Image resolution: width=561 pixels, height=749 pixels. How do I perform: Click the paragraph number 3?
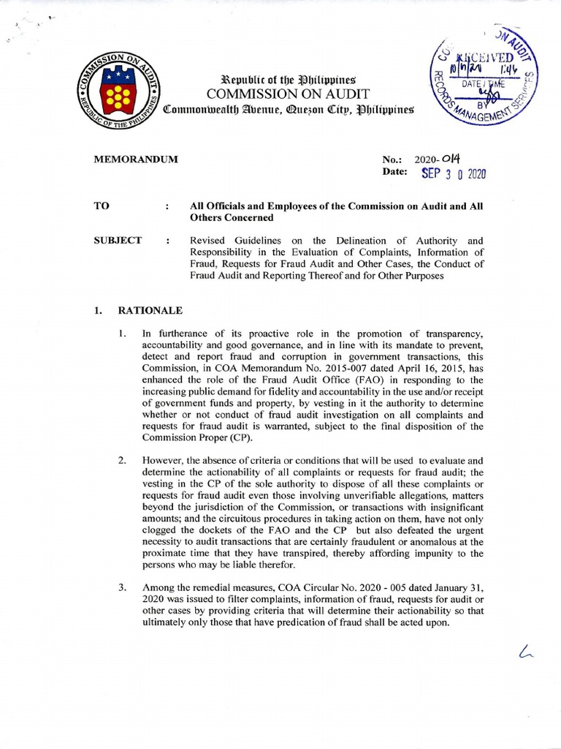tap(123, 587)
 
